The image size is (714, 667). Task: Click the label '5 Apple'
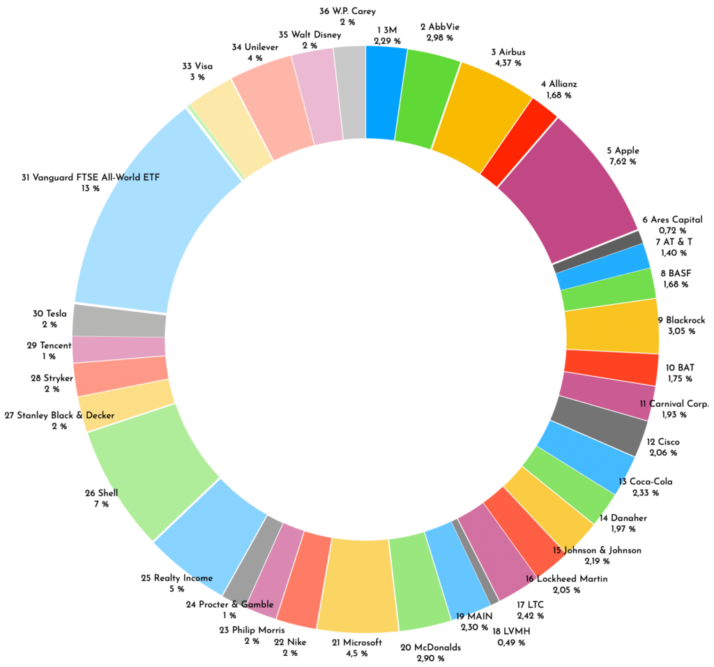[x=623, y=150]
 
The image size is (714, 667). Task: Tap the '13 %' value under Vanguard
[x=91, y=188]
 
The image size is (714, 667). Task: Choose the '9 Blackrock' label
[x=681, y=320]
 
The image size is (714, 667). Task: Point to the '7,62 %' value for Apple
[x=623, y=161]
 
